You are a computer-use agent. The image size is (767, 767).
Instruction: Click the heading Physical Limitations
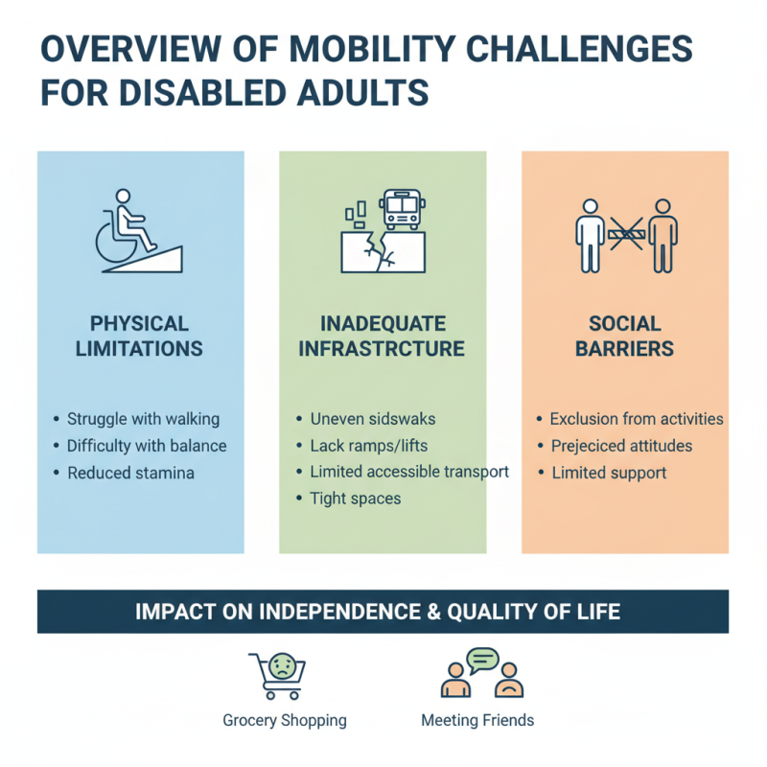point(140,336)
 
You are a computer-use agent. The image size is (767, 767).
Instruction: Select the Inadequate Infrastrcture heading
point(382,336)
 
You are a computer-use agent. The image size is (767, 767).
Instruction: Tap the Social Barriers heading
point(625,336)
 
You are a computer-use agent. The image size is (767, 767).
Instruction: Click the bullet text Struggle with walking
point(143,419)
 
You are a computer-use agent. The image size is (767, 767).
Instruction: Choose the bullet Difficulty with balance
point(147,446)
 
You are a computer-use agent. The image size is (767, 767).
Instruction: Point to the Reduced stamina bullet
point(130,473)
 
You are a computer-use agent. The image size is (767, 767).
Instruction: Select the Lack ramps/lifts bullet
point(370,445)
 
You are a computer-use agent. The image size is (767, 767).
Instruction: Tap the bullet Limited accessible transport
point(409,472)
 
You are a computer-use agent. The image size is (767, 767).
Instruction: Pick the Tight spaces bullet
point(355,499)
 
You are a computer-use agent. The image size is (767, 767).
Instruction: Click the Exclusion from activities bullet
point(637,419)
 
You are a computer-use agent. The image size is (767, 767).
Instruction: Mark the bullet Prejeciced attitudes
point(621,446)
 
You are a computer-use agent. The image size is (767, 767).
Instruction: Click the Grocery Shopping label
point(285,720)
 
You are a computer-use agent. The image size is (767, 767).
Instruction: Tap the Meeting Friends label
point(477,720)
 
